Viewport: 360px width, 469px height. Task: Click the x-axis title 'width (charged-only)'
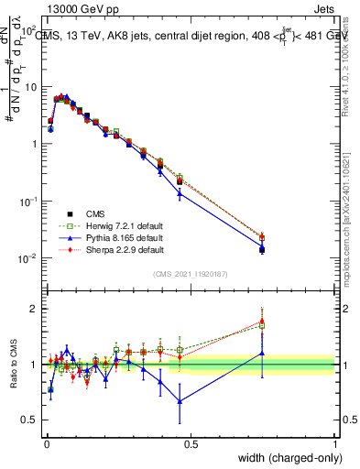pos(284,455)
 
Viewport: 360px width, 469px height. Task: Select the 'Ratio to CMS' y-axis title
pos(13,364)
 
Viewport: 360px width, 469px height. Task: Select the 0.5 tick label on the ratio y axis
pos(30,420)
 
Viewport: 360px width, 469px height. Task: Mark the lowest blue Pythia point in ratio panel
pos(180,401)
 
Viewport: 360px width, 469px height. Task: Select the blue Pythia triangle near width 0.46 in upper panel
pos(180,193)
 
